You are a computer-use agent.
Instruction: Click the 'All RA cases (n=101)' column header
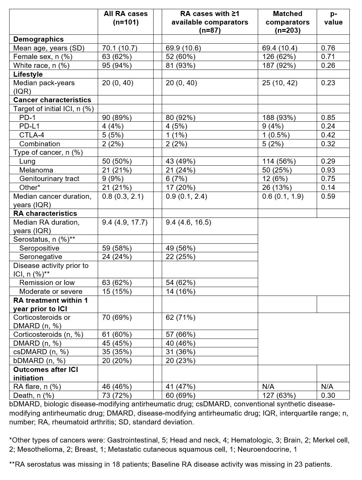[126, 18]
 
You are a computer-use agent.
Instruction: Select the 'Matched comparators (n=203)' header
[287, 22]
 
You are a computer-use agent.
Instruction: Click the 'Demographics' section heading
[38, 39]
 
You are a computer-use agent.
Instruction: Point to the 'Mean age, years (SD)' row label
[49, 48]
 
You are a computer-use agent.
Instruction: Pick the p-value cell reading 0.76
[328, 48]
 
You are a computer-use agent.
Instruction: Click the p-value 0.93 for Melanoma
[328, 170]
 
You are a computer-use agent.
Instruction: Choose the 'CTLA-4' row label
[32, 135]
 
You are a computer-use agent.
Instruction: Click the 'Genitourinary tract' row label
[49, 179]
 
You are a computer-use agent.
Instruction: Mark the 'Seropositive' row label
[39, 248]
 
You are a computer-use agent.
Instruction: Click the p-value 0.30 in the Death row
[328, 395]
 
